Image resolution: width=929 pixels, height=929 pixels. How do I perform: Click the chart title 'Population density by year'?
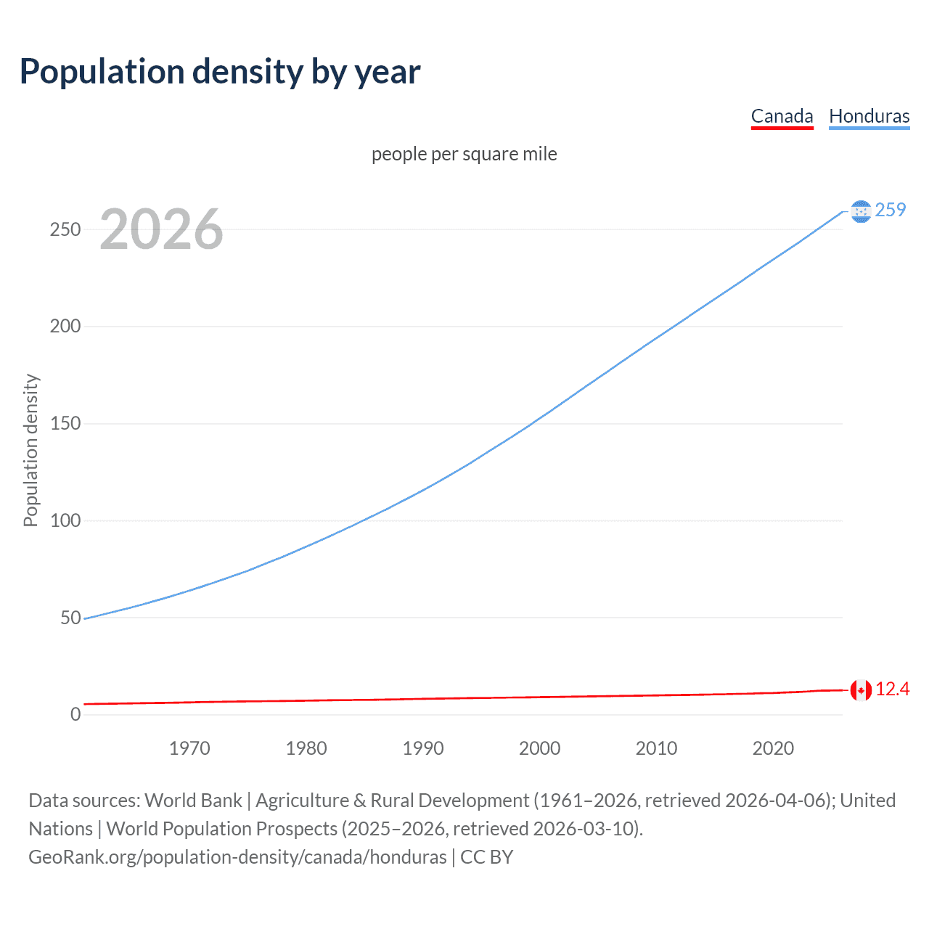(220, 72)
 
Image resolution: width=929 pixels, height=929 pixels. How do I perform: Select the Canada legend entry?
(782, 116)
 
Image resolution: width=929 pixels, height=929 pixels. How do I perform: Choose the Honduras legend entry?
(869, 116)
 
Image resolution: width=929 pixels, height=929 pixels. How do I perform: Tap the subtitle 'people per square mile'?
(464, 154)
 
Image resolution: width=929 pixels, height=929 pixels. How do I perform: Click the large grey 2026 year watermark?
(161, 229)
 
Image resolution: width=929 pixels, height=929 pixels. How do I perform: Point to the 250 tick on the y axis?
(65, 229)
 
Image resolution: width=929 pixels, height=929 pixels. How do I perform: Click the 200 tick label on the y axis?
(65, 326)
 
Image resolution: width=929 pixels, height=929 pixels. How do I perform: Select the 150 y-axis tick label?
(65, 423)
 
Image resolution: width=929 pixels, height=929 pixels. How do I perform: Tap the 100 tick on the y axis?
(65, 520)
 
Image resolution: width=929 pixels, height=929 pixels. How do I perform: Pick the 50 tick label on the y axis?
(70, 618)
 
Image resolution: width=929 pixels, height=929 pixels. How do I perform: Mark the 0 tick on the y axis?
(75, 714)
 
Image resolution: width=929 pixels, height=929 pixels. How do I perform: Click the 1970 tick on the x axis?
(189, 748)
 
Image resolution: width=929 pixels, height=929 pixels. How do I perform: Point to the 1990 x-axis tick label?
(423, 748)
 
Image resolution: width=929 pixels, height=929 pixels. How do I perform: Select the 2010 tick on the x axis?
(656, 748)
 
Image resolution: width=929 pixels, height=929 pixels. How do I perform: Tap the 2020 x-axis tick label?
(773, 748)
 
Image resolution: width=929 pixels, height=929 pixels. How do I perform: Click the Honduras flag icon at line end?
(861, 211)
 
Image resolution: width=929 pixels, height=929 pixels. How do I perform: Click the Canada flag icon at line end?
(861, 690)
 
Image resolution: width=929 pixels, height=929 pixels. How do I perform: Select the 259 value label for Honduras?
(891, 210)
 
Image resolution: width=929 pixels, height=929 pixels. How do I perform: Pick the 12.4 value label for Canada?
(892, 689)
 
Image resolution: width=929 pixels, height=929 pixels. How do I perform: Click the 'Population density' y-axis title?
(30, 450)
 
